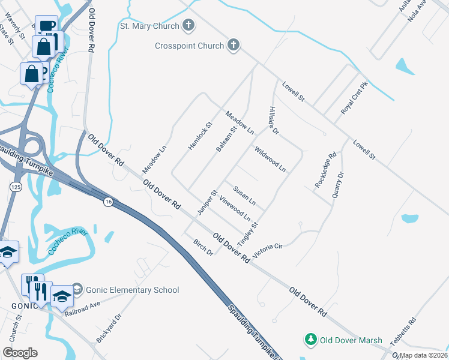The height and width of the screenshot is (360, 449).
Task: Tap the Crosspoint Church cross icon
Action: (x=234, y=45)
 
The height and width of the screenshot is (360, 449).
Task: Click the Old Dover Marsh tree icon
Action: (x=311, y=340)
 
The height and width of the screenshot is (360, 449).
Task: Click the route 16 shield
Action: (x=108, y=200)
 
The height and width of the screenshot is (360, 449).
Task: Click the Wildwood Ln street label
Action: (x=270, y=159)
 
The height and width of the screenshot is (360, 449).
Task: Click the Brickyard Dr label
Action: (x=109, y=328)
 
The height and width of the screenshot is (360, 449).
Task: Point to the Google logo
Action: (x=20, y=353)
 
